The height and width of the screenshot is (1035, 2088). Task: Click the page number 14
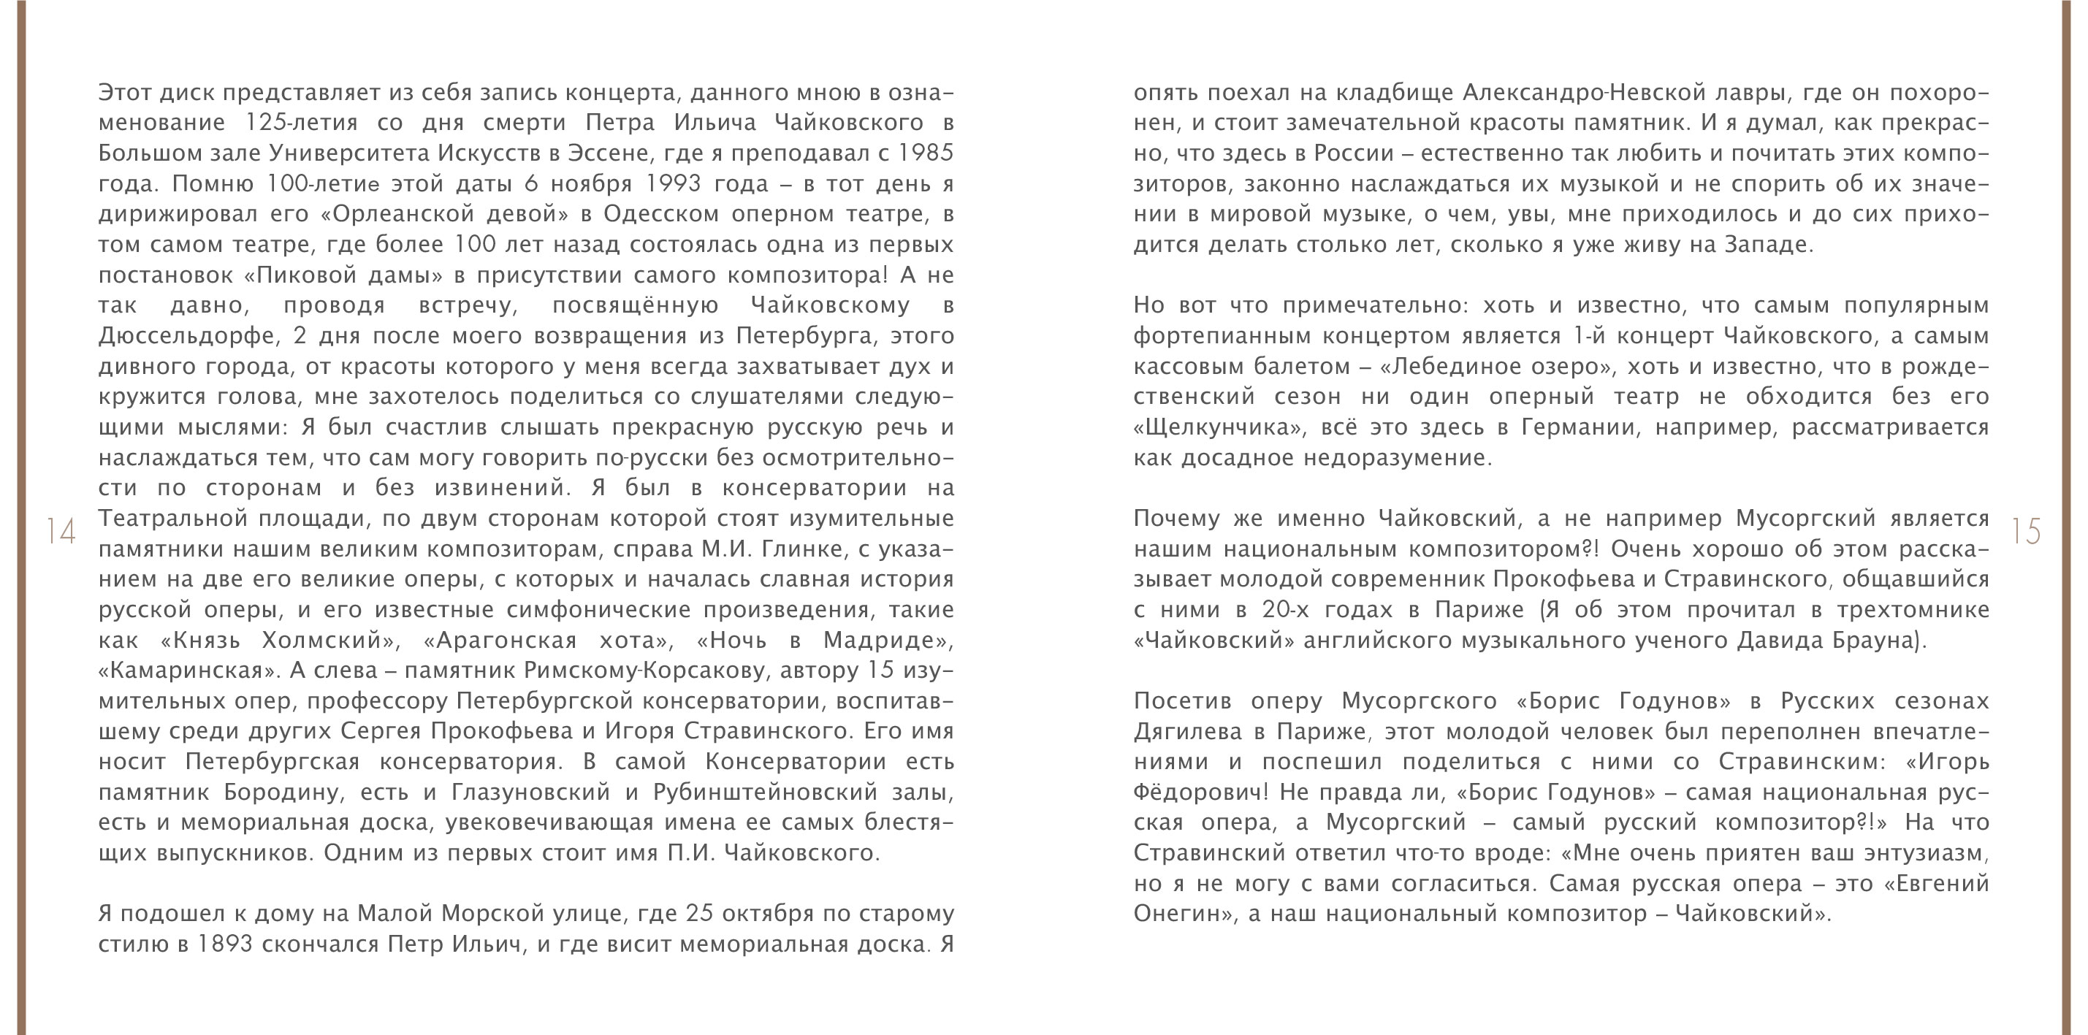coord(61,532)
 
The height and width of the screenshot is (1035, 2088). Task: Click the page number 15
coord(2027,532)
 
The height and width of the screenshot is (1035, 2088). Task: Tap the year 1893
coord(224,944)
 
